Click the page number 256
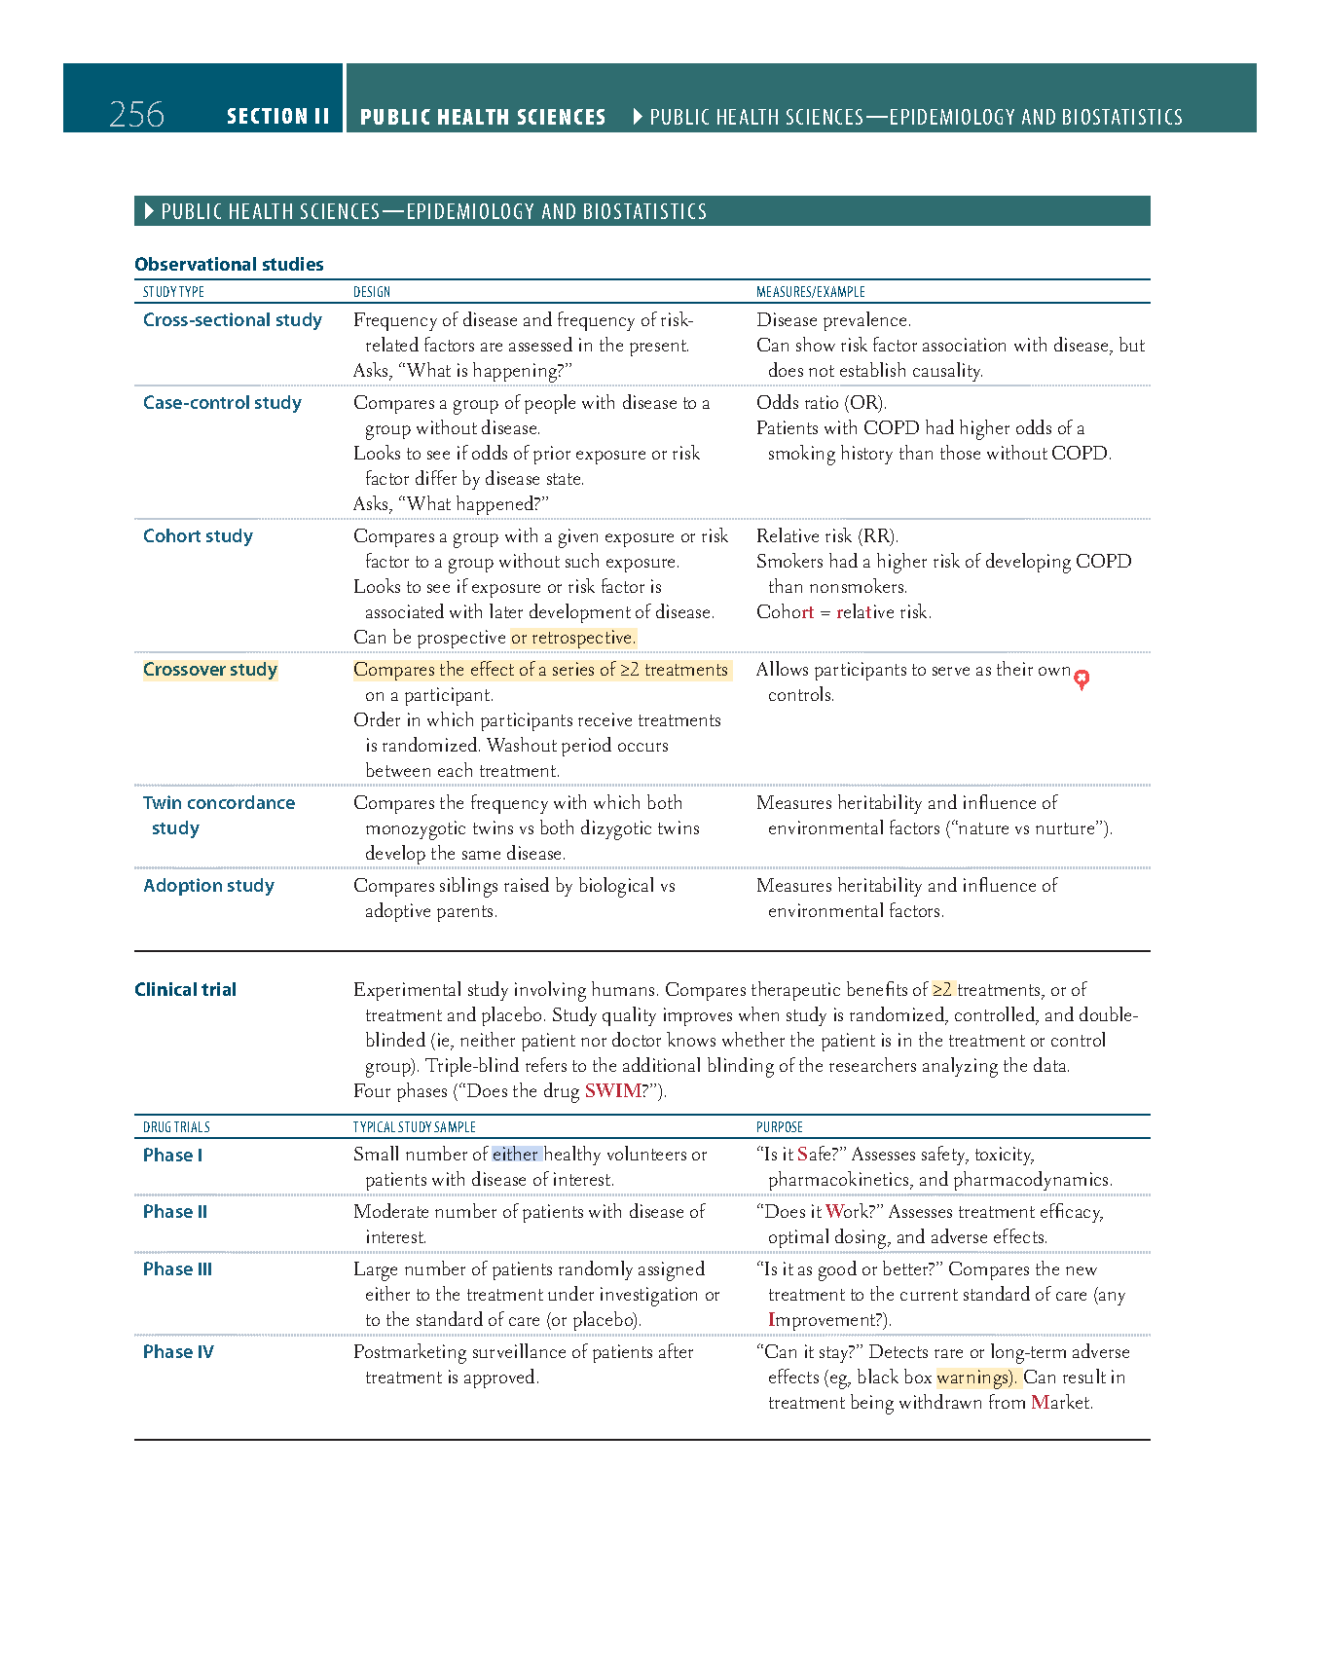[136, 115]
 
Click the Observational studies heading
[229, 264]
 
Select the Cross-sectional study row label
[232, 319]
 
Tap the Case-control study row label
[222, 402]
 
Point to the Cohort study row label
[198, 535]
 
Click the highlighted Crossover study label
[210, 669]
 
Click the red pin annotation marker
[1082, 679]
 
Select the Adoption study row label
[208, 885]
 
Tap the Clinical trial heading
[185, 989]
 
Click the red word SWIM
[612, 1090]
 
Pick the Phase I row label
[172, 1155]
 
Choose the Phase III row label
[177, 1268]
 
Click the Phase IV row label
[178, 1351]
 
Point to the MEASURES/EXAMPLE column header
[810, 292]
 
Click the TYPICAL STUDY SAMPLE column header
[414, 1127]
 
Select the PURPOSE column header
[779, 1127]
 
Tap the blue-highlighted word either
[516, 1154]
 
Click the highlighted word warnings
[974, 1377]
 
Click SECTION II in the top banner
[277, 117]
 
